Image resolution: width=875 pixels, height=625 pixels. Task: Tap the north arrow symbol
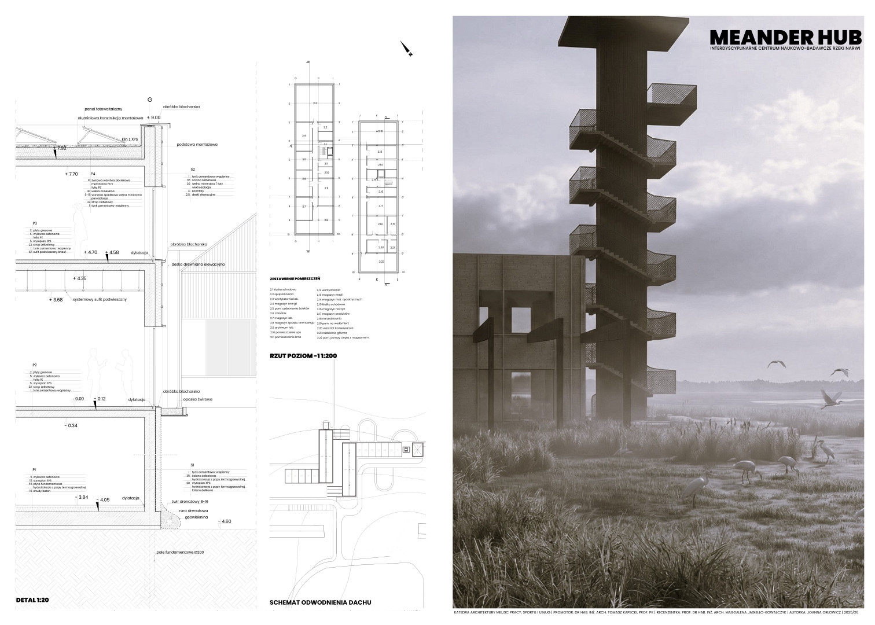pyautogui.click(x=406, y=49)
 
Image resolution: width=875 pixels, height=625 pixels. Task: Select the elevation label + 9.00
pyautogui.click(x=153, y=117)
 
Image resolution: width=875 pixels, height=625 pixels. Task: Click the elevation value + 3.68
pyautogui.click(x=57, y=300)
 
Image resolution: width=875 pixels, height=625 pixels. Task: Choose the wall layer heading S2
pyautogui.click(x=192, y=170)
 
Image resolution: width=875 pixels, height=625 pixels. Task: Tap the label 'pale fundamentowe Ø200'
pyautogui.click(x=179, y=552)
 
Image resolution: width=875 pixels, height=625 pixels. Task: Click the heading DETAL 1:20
pyautogui.click(x=32, y=600)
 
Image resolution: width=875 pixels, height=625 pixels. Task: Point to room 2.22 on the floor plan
pyautogui.click(x=381, y=262)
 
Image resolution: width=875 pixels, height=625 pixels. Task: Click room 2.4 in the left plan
pyautogui.click(x=304, y=135)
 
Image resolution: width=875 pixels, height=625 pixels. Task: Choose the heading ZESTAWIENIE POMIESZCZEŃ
pyautogui.click(x=295, y=278)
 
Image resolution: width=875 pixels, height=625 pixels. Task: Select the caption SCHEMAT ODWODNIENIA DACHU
pyautogui.click(x=320, y=602)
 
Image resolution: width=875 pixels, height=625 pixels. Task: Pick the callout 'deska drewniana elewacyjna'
pyautogui.click(x=198, y=264)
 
